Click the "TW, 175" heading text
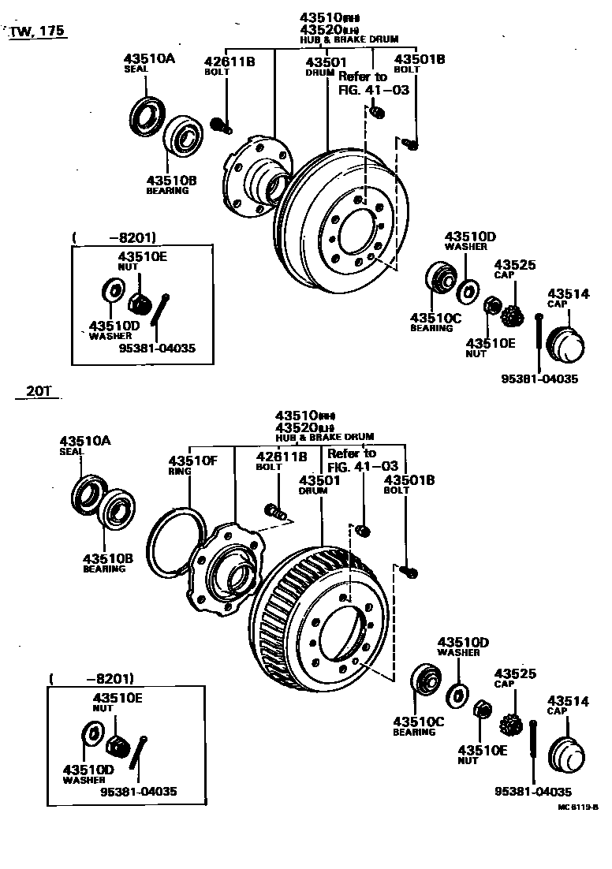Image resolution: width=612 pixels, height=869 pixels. tap(37, 32)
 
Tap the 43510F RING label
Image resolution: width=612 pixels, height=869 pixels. tap(190, 466)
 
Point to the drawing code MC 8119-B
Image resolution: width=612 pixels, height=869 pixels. tap(578, 807)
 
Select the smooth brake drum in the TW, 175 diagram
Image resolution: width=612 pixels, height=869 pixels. tap(347, 225)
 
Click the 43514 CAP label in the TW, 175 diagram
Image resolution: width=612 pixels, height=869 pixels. tap(569, 298)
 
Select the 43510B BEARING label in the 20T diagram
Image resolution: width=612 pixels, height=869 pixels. tap(108, 563)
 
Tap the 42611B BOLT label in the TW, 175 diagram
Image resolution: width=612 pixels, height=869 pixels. tap(229, 66)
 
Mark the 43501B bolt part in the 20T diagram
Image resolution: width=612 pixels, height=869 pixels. tap(408, 570)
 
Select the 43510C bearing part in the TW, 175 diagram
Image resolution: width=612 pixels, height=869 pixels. tap(438, 278)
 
